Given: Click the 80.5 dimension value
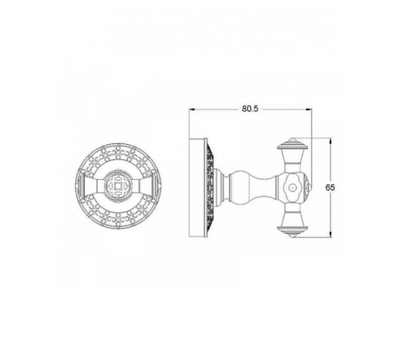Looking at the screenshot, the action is (x=250, y=109).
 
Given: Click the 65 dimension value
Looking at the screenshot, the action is (x=330, y=187).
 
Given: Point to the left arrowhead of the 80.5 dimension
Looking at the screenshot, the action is (x=192, y=109).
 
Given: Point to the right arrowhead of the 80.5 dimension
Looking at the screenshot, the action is (x=309, y=109).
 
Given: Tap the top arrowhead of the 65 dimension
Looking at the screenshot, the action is (x=330, y=141).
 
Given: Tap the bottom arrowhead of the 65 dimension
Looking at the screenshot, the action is (x=330, y=234).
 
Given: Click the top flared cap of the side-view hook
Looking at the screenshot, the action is (x=293, y=146).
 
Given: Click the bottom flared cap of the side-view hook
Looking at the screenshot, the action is (x=293, y=230).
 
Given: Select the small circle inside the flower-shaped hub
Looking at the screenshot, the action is (x=293, y=187).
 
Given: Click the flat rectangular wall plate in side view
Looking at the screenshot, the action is (x=198, y=187).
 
